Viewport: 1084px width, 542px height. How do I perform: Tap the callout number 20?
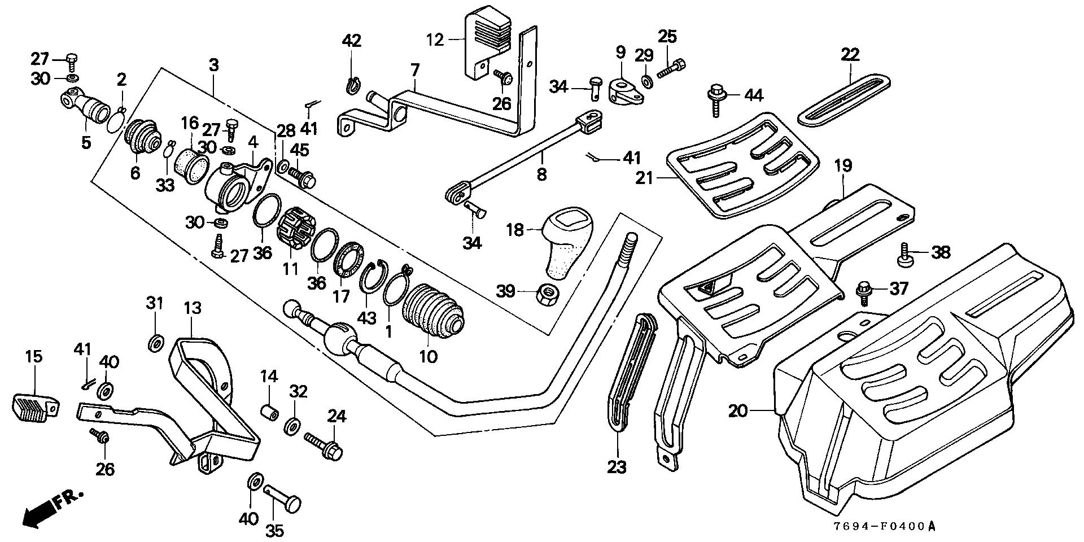[x=738, y=410]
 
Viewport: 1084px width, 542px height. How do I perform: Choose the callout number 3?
[x=213, y=65]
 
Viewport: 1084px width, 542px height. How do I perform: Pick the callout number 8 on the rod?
[x=541, y=174]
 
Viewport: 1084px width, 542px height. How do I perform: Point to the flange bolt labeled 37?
[x=864, y=290]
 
